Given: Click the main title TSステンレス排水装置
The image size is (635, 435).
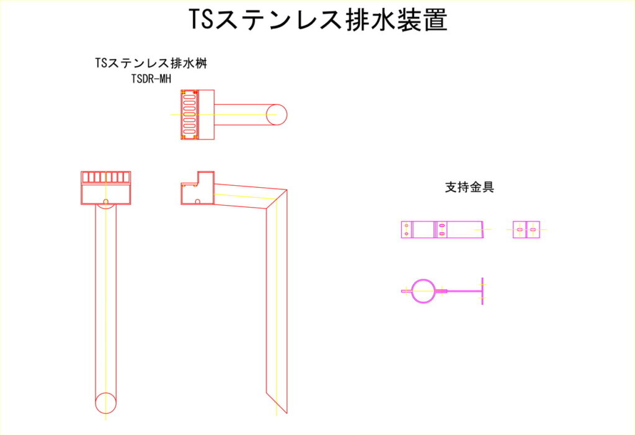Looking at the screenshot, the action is tap(318, 19).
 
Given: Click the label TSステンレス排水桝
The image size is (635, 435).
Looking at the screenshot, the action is tap(151, 63).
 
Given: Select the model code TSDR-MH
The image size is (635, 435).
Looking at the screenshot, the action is tap(151, 79).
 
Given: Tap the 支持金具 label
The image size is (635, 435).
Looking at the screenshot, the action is tap(469, 187).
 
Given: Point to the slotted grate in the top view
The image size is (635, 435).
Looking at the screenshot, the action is tap(189, 115).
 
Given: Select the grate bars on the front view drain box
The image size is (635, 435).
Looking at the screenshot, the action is tap(105, 177).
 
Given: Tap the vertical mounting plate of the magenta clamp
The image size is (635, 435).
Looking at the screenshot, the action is tap(482, 291).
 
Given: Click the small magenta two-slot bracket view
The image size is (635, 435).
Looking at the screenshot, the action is tap(526, 229).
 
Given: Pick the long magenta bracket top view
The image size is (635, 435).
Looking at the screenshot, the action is tap(442, 229).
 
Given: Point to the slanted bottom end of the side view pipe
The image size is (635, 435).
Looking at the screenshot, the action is tap(277, 403).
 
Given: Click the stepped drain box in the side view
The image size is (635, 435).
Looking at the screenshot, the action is tap(197, 188).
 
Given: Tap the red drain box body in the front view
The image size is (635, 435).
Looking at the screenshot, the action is tap(105, 194).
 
